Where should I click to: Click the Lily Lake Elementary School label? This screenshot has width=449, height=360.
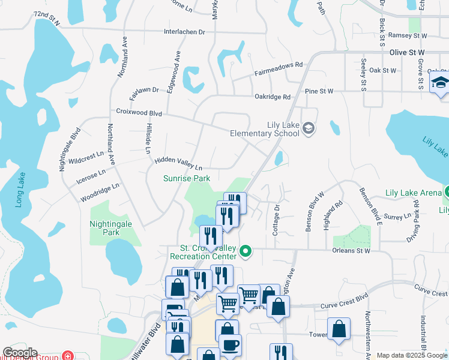pyautogui.click(x=264, y=129)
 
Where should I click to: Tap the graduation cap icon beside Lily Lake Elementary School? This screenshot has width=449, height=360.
pyautogui.click(x=309, y=127)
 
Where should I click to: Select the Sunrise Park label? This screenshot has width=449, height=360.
pyautogui.click(x=187, y=178)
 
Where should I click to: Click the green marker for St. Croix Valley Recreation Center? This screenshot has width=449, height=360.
pyautogui.click(x=245, y=251)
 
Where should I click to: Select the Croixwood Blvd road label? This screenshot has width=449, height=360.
pyautogui.click(x=139, y=112)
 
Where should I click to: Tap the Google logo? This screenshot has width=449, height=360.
pyautogui.click(x=20, y=353)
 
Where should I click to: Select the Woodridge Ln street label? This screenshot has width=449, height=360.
pyautogui.click(x=100, y=193)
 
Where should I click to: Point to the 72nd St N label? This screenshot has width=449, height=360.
pyautogui.click(x=47, y=17)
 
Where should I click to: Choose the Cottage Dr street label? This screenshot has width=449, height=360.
pyautogui.click(x=277, y=220)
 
